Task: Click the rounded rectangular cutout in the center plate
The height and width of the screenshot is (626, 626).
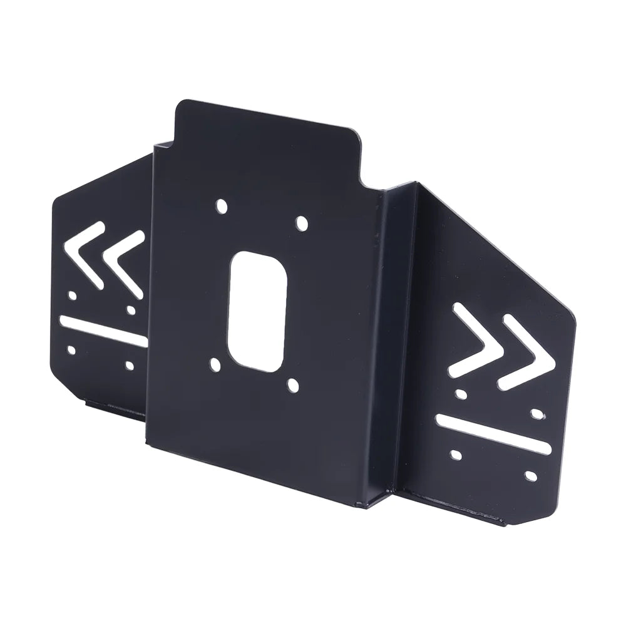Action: point(257,311)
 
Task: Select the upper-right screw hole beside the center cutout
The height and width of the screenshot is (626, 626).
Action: point(302,223)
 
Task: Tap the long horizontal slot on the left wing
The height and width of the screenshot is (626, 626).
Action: point(103,331)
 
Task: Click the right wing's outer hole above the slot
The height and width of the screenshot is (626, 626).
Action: point(536,413)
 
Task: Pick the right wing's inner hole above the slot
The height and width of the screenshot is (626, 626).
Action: point(461,394)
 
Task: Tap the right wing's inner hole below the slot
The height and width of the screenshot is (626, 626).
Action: point(455,453)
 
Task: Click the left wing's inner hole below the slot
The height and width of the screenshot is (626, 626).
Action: point(130,364)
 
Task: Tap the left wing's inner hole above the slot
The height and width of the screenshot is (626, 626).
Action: point(131,309)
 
